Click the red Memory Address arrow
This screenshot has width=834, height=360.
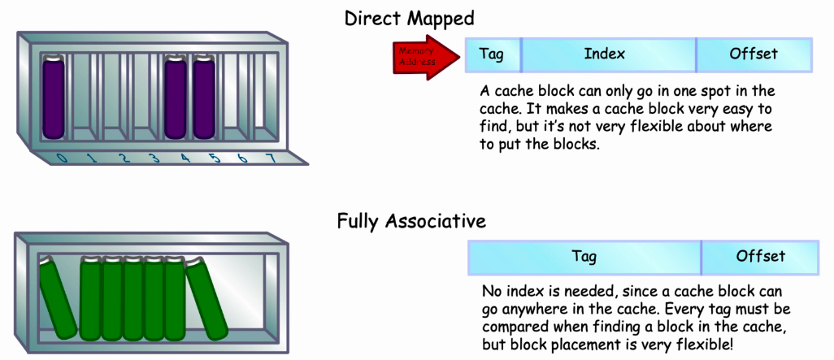pos(425,57)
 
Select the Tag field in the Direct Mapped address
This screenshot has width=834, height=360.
pos(493,54)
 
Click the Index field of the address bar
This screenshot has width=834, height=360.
pos(609,54)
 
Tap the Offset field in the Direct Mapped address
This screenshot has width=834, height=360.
pos(754,54)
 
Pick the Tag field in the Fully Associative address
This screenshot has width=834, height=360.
pos(584,258)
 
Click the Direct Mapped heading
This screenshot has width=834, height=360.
pos(409,20)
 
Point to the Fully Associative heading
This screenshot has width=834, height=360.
pos(411,221)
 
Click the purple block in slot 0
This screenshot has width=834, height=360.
pos(53,98)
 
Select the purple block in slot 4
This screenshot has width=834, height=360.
pos(176,98)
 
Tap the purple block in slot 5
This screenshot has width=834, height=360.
pos(204,98)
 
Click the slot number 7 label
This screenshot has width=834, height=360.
pos(272,158)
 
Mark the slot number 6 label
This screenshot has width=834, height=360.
pos(242,158)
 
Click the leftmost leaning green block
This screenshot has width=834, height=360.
pos(58,297)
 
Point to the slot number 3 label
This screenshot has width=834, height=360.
pos(154,158)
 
